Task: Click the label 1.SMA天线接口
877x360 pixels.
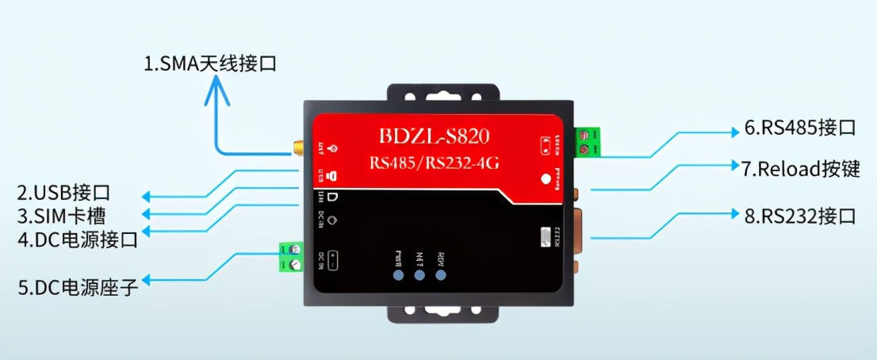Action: point(210,63)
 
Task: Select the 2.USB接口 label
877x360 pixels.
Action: point(63,192)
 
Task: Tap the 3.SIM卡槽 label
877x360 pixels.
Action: point(62,215)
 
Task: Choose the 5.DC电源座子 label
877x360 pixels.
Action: point(77,286)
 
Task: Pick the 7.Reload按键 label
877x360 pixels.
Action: point(801,169)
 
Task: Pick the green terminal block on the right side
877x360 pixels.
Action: point(587,143)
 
